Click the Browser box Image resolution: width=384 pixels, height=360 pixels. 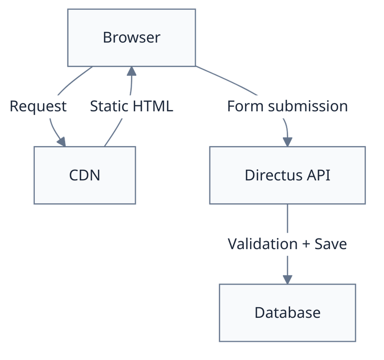[x=131, y=37]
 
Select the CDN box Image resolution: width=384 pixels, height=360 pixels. [x=85, y=175]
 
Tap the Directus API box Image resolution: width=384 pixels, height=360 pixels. [x=287, y=175]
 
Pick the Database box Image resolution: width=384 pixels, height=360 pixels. [x=287, y=312]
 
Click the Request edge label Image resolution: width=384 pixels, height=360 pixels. [x=38, y=106]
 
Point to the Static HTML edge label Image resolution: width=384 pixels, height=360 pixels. [x=132, y=106]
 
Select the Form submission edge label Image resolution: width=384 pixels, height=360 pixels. [x=287, y=106]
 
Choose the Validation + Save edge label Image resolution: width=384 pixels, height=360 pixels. [x=287, y=244]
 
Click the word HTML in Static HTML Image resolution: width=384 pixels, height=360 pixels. [x=153, y=106]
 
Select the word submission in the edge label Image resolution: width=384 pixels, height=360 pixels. [x=308, y=106]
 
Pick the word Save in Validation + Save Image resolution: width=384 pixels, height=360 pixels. [x=330, y=244]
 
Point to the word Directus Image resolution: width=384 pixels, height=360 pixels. [x=273, y=175]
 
